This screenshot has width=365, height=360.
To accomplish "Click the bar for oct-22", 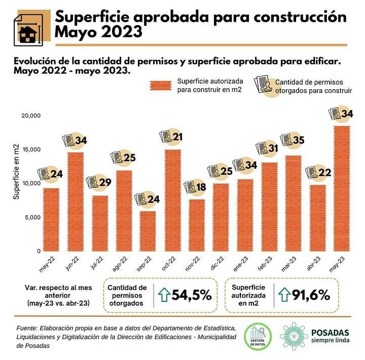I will (172, 200).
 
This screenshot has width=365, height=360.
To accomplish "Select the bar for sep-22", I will (148, 231).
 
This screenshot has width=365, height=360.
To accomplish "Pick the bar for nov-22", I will (197, 225).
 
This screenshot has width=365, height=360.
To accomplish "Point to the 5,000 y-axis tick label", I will (33, 218).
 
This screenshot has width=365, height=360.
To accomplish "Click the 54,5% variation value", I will (192, 295).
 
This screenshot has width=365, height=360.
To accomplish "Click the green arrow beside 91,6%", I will (282, 295).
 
